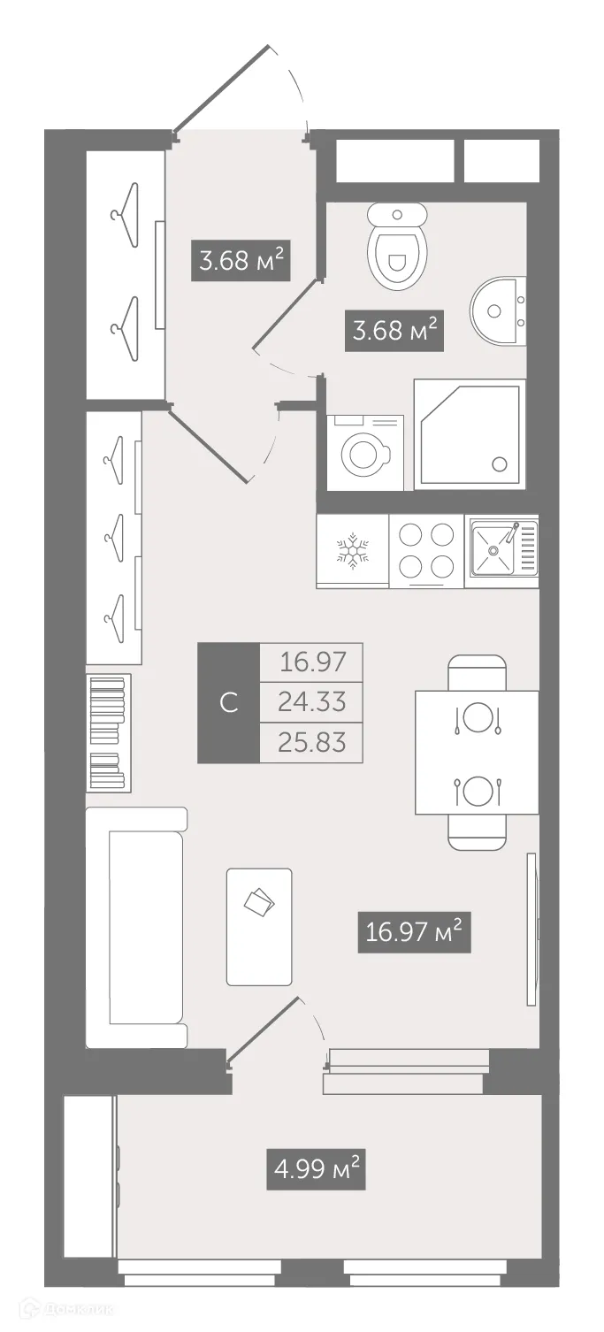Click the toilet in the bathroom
click(x=397, y=247)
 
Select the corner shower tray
click(x=470, y=433)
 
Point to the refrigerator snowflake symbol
click(x=352, y=550)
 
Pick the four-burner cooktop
click(x=426, y=550)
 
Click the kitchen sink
click(x=500, y=551)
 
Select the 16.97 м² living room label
click(x=413, y=932)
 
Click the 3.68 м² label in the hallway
click(x=241, y=261)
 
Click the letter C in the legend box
click(x=228, y=703)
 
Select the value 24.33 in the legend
click(x=311, y=702)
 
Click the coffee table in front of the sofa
click(x=259, y=926)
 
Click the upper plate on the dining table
click(x=477, y=717)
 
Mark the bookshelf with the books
click(x=109, y=732)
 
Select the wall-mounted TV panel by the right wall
click(x=531, y=929)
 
